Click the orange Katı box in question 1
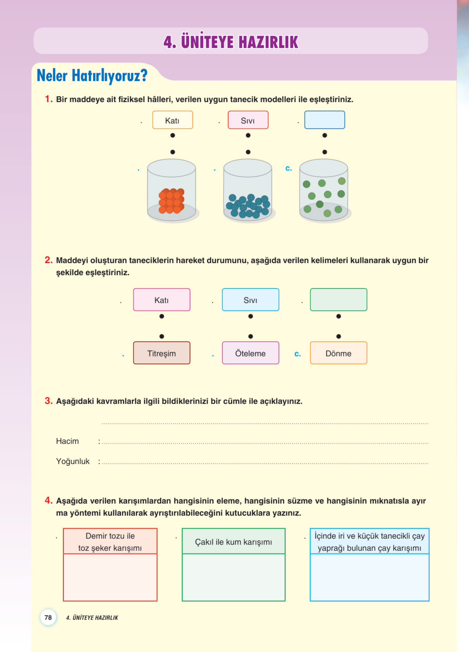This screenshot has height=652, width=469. coord(172,120)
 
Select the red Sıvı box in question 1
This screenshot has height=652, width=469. coord(248,120)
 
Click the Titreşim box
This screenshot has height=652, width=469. coord(162,353)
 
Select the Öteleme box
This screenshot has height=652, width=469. coord(250,353)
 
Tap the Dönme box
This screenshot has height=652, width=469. coord(338,353)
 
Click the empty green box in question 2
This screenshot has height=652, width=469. coord(338,300)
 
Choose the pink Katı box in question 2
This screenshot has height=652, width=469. coord(162,300)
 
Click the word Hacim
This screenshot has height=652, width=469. coord(67,441)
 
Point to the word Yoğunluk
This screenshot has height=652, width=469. coord(73,461)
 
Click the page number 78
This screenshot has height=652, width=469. coord(48,617)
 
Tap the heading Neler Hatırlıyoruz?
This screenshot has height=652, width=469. coord(92,76)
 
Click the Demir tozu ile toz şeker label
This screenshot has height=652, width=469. coord(110,542)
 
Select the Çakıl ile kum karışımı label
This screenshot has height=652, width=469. coord(233,542)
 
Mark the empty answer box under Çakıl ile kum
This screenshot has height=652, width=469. coord(233,577)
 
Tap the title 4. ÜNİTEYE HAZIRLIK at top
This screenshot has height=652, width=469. coord(231,42)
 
